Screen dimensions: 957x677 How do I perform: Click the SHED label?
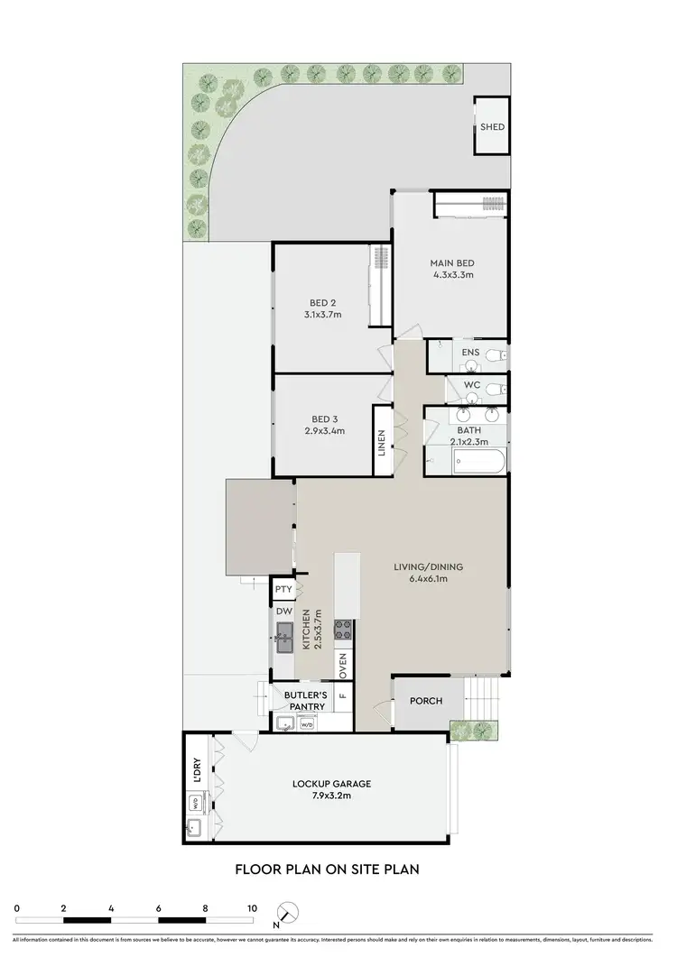pyautogui.click(x=492, y=127)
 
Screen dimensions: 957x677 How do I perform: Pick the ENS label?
pyautogui.click(x=470, y=352)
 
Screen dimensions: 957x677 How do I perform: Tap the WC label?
pyautogui.click(x=471, y=386)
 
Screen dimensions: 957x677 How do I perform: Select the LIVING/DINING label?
pyautogui.click(x=428, y=573)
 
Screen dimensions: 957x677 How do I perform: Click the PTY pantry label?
pyautogui.click(x=283, y=590)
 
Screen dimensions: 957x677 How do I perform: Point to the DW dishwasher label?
pyautogui.click(x=283, y=610)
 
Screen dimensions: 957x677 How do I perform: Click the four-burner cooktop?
pyautogui.click(x=343, y=630)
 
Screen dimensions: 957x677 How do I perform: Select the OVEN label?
pyautogui.click(x=343, y=667)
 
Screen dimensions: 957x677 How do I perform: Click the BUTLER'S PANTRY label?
pyautogui.click(x=303, y=701)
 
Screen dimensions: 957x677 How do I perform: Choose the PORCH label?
pyautogui.click(x=426, y=701)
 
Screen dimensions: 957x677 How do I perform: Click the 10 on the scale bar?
pyautogui.click(x=252, y=908)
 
